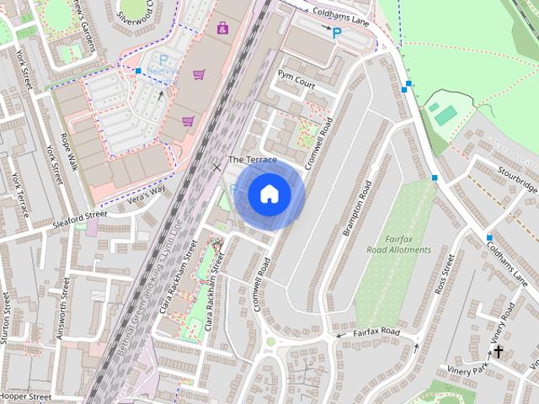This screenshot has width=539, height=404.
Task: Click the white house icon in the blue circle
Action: click(269, 194)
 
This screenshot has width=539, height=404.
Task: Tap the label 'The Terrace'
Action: click(253, 160)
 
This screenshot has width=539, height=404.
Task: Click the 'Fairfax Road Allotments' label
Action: click(399, 244)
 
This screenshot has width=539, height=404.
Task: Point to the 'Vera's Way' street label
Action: click(123, 193)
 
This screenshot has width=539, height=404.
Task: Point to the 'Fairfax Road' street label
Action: click(376, 332)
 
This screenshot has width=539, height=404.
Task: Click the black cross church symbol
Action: click(499, 352)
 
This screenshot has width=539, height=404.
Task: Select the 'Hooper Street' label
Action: click(26, 396)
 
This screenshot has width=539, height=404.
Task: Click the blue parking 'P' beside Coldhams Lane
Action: click(337, 33)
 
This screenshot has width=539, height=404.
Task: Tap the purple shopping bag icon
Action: click(222, 28)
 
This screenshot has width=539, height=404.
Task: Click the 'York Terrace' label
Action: click(18, 194)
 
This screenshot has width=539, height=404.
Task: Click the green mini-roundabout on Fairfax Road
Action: click(271, 341)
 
